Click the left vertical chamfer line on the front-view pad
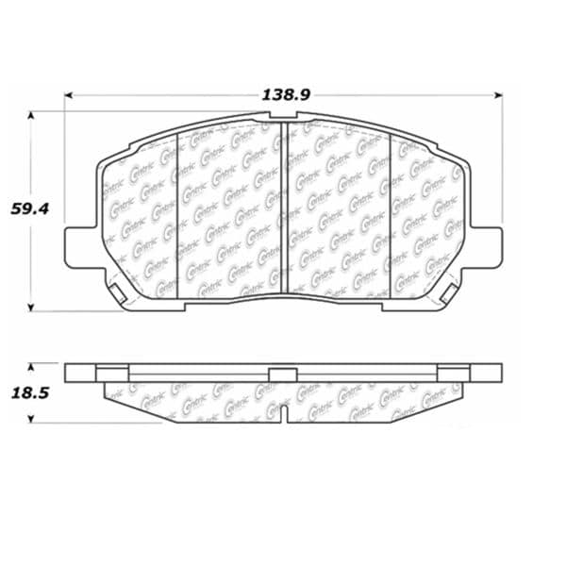[178, 212]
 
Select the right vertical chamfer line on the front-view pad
[391, 212]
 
